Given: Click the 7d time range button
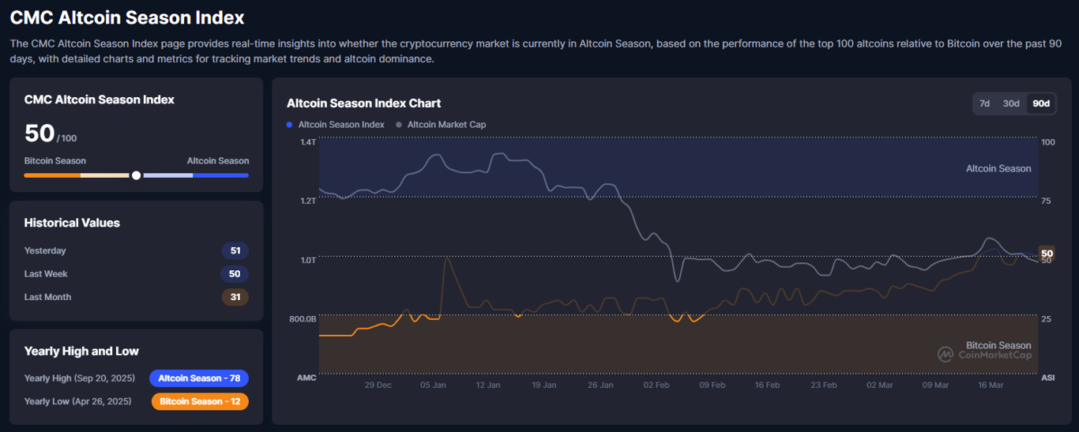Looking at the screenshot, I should point(984,103).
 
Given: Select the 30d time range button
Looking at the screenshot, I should point(1011,103).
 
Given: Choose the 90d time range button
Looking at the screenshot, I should point(1041,103).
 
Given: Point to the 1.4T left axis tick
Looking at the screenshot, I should point(307,142).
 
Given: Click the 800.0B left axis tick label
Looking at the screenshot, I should point(303,319).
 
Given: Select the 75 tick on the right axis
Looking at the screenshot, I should point(1047,201).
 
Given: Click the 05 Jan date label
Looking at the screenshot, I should point(433,385).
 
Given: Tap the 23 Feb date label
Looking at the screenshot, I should point(824,385).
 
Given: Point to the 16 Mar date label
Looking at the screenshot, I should point(991,385).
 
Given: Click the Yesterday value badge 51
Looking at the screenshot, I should point(235,251).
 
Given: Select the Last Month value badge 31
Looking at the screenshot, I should point(235,298).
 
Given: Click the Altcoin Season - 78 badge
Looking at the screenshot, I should point(199,378).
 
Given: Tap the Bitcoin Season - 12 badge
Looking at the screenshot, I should point(200,402).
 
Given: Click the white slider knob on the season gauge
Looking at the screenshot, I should point(137,175).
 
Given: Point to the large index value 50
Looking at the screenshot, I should point(39,133).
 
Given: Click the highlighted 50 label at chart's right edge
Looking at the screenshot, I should point(1047,254).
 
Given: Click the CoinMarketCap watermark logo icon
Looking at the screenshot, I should point(946,355).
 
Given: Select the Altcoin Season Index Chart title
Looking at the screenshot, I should point(363,103).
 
